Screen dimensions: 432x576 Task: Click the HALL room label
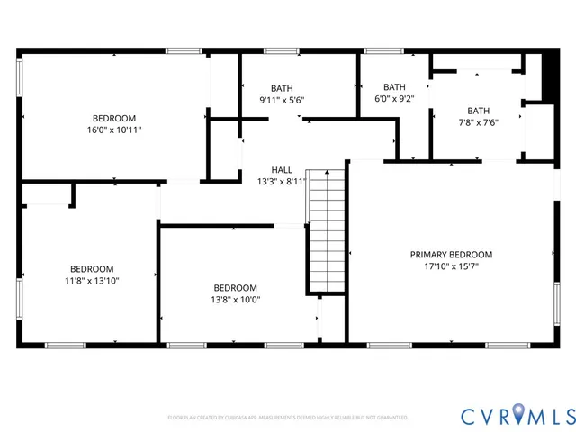[282, 169]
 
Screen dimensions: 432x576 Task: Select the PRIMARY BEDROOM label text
[451, 255]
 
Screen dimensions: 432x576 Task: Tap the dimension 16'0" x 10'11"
[114, 130]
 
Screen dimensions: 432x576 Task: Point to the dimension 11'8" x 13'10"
[93, 281]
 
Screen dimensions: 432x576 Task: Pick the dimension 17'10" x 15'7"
[451, 266]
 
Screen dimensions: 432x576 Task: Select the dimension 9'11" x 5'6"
[282, 100]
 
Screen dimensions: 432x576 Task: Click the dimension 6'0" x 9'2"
[394, 99]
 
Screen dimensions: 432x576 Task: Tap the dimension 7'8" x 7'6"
[478, 122]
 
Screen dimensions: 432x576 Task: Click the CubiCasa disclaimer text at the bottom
[288, 418]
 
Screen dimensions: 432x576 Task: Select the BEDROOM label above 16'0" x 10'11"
[114, 118]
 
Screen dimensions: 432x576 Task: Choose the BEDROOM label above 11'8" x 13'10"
[93, 269]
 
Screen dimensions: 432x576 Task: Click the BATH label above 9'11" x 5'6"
[282, 88]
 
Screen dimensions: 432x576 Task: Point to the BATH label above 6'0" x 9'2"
[394, 87]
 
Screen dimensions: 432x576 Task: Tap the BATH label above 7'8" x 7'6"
[478, 111]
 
